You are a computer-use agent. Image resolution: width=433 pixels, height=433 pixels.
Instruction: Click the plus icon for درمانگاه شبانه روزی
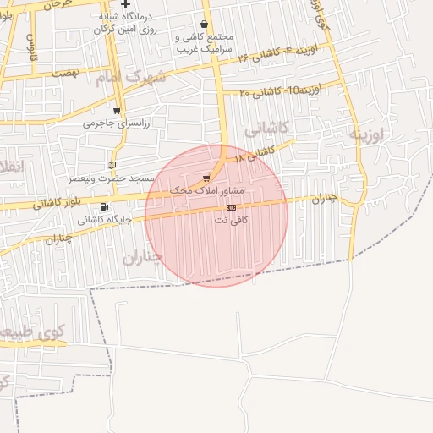(125, 4)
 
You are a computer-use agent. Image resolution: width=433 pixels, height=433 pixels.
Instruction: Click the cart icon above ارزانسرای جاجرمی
(116, 111)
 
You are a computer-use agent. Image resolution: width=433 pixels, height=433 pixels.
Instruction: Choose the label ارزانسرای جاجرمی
(116, 123)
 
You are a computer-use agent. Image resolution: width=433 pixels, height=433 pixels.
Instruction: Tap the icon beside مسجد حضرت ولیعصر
(111, 165)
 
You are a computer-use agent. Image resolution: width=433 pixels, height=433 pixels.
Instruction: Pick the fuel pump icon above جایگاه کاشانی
(104, 206)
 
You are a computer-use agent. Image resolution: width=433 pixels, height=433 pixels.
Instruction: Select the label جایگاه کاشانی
(105, 219)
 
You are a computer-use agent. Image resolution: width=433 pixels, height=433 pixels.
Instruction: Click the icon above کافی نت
(231, 207)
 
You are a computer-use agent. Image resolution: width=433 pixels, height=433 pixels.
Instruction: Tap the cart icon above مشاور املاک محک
(206, 178)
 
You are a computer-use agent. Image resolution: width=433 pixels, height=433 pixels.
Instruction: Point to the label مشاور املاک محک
(206, 190)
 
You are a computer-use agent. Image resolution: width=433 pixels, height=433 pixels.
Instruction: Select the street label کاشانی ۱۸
(255, 154)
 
